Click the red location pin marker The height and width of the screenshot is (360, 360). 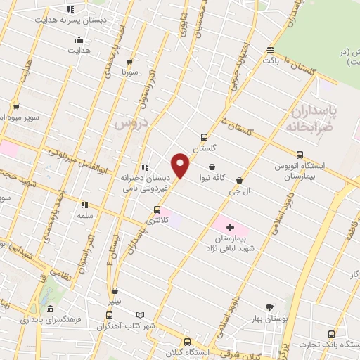pos(181,166)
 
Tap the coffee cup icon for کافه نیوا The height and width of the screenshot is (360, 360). pos(212,167)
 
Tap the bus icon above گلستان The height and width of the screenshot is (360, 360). pos(204,138)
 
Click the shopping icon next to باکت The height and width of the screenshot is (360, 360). pos(270,49)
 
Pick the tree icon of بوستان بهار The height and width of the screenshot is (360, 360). pos(269,307)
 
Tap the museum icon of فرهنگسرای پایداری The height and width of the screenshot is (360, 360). pos(49,309)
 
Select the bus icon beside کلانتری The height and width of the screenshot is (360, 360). pos(157,210)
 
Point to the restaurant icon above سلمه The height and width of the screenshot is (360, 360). pos(84,205)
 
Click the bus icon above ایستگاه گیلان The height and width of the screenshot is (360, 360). pos(186,342)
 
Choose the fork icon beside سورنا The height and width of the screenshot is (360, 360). pos(125,60)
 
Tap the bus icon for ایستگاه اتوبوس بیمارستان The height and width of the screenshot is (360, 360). pos(300,155)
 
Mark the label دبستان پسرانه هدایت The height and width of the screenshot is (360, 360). pos(70,20)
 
